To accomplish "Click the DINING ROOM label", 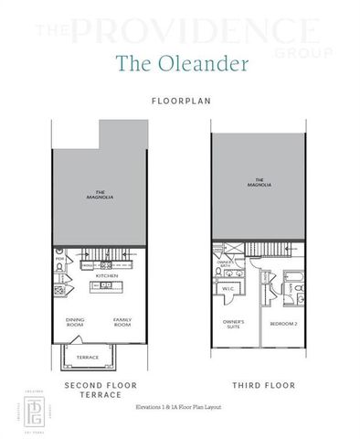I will pyautogui.click(x=75, y=322).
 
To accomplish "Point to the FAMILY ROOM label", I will pyautogui.click(x=122, y=322).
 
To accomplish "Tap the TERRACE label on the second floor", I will pyautogui.click(x=87, y=357).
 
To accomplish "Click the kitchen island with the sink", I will pyautogui.click(x=108, y=286).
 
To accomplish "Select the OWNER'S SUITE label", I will pyautogui.click(x=233, y=324).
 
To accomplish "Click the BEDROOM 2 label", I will pyautogui.click(x=283, y=324).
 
